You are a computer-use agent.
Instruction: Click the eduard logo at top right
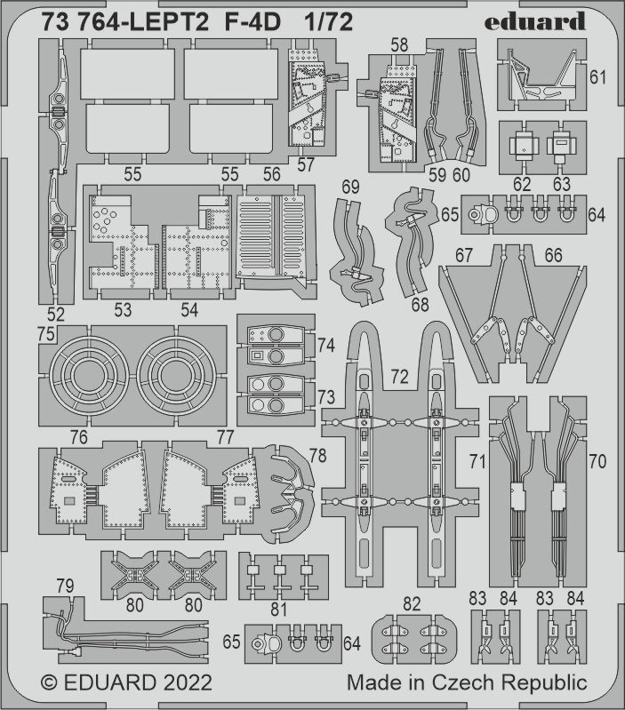[x=534, y=20]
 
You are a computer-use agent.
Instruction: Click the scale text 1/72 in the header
[x=328, y=21]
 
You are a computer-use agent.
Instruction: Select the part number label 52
[x=55, y=314]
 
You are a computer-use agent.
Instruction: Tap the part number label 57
[x=306, y=164]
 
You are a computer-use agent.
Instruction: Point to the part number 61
[x=597, y=77]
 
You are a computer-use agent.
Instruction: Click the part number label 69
[x=350, y=187]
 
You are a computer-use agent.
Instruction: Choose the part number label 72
[x=399, y=376]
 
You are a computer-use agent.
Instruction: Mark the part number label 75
[x=46, y=334]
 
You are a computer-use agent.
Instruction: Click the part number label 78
[x=317, y=456]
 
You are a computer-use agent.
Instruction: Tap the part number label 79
[x=65, y=586]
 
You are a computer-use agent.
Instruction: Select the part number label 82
[x=412, y=604]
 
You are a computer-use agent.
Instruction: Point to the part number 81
[x=278, y=610]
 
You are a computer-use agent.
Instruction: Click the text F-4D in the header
[x=252, y=21]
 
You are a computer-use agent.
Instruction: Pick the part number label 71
[x=477, y=462]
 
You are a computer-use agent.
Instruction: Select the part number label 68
[x=420, y=304]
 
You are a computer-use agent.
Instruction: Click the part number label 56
[x=271, y=174]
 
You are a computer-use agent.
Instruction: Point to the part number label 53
[x=123, y=310]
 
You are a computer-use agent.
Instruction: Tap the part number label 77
[x=225, y=437]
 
